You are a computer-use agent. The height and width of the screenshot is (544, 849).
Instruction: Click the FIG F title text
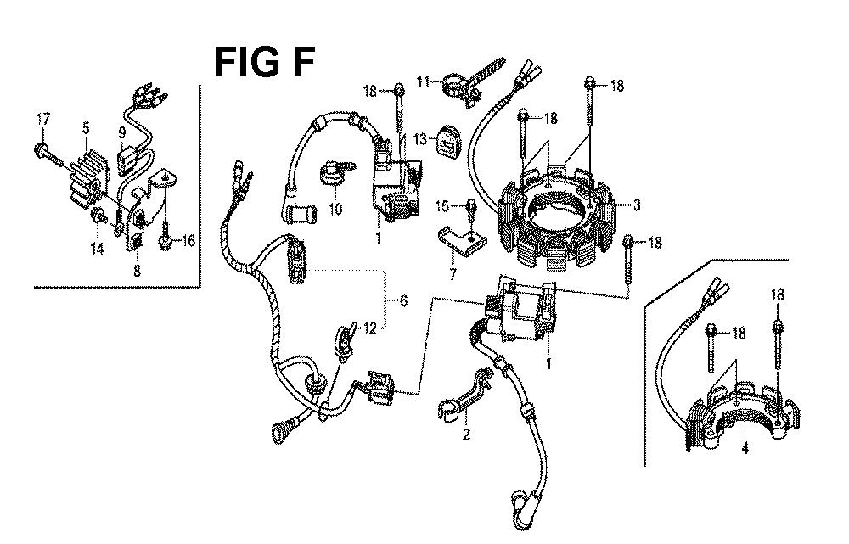(264, 62)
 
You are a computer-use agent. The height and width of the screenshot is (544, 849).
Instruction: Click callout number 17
(43, 119)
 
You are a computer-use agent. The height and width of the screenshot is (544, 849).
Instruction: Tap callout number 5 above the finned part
(86, 128)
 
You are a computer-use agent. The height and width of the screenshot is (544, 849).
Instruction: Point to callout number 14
(98, 249)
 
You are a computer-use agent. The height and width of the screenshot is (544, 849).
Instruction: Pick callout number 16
(188, 240)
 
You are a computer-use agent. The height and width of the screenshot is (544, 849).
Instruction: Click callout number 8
(137, 270)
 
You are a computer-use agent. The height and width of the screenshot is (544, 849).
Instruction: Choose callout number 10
(335, 208)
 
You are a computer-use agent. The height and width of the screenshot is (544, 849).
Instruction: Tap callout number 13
(420, 139)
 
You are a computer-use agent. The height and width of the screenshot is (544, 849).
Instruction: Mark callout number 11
(423, 81)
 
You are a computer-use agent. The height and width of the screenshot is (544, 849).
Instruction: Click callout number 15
(441, 205)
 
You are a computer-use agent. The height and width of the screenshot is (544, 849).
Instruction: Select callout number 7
(453, 273)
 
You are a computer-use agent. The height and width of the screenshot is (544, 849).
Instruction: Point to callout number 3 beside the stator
(637, 205)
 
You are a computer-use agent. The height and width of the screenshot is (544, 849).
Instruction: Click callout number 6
(403, 300)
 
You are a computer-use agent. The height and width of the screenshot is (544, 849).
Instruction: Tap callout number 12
(369, 328)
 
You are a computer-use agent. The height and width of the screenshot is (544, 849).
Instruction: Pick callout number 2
(466, 434)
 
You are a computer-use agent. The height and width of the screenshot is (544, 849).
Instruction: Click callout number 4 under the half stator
(745, 448)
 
